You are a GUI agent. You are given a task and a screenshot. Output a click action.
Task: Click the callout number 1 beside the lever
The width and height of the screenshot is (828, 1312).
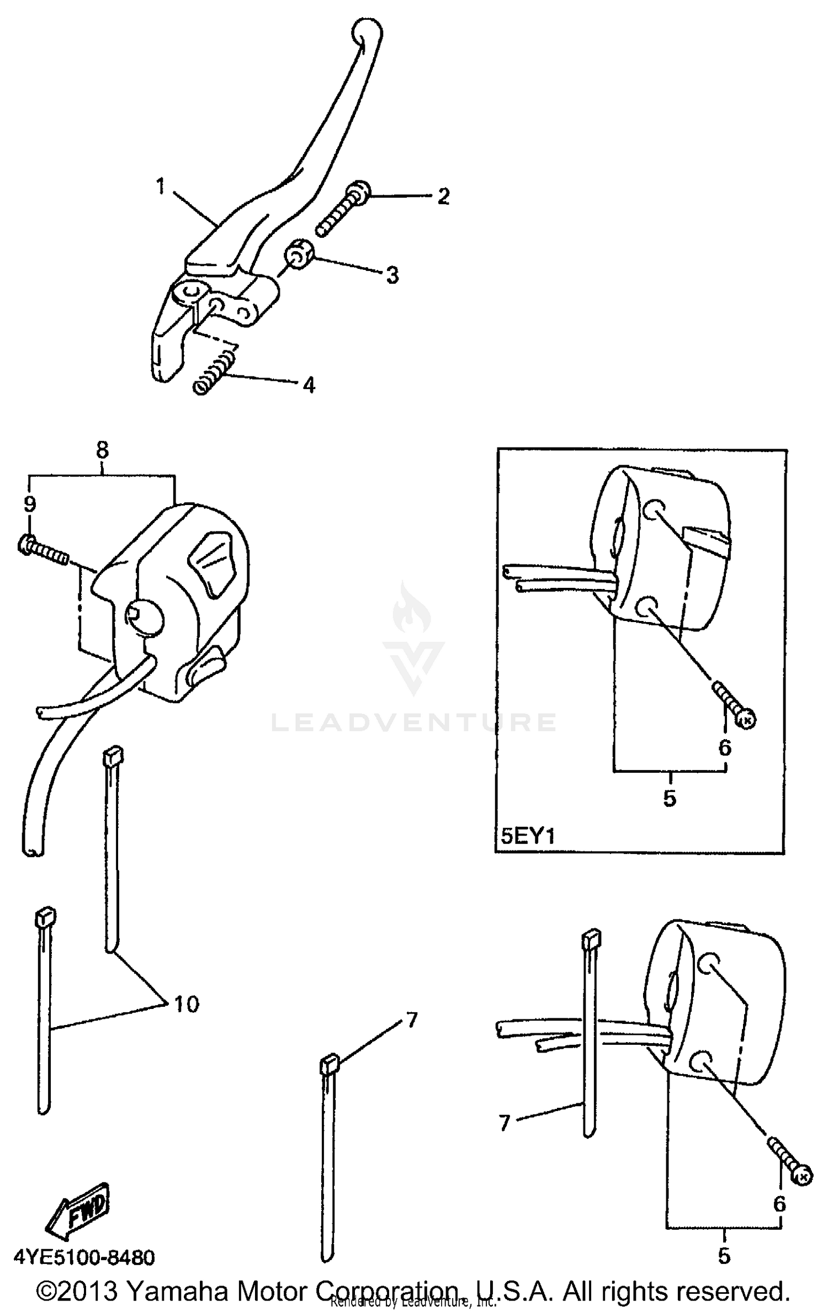160,187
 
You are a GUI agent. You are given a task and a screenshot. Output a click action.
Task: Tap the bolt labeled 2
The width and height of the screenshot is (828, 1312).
343,211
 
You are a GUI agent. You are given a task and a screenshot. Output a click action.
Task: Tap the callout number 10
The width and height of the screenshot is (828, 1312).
187,1004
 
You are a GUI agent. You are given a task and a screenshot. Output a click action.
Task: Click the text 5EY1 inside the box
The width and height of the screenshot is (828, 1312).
527,836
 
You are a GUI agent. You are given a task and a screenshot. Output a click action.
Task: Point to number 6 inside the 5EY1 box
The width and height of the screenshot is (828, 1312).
725,747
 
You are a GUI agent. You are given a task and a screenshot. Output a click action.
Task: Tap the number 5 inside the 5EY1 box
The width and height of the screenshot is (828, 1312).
670,798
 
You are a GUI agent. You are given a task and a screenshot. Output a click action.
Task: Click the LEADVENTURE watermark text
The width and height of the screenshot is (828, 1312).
413,722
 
